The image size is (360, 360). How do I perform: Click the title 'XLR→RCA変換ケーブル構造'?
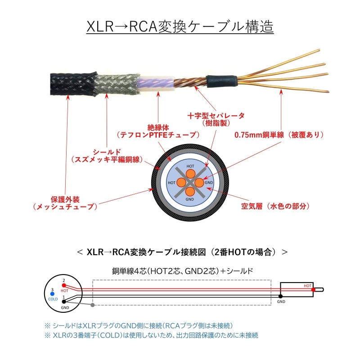180,26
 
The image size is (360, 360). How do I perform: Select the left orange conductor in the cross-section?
181,182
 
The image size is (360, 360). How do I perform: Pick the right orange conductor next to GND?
199,182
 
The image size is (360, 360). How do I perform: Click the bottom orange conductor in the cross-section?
189,191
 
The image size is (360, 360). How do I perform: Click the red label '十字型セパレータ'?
216,116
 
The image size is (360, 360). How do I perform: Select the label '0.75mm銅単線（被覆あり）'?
279,135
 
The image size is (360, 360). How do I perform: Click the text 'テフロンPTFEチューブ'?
157,135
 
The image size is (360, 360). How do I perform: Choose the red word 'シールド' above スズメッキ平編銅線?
107,151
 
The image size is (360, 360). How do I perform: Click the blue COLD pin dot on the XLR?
53,294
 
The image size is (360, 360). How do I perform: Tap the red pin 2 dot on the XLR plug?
64,285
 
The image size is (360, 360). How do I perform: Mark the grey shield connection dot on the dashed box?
92,305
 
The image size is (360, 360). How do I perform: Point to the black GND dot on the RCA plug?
280,296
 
